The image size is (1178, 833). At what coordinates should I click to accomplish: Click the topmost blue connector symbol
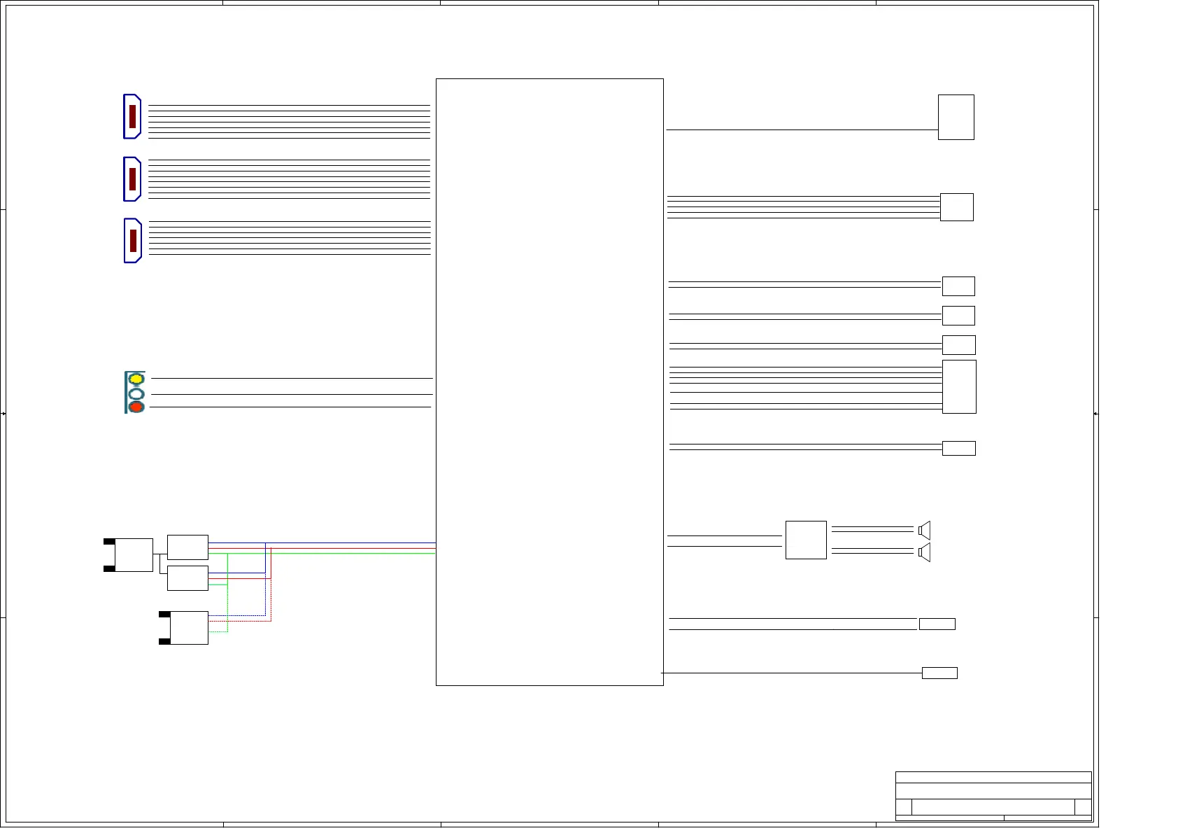click(x=132, y=116)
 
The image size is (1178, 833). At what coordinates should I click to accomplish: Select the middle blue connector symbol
click(x=132, y=179)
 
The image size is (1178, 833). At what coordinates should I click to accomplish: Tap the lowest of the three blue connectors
click(x=133, y=241)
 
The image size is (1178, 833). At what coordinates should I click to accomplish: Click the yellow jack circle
click(x=136, y=379)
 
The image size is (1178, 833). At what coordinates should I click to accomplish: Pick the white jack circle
click(x=136, y=393)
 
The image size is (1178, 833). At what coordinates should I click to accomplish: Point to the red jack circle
click(x=136, y=407)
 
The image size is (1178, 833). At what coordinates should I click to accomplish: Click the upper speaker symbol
click(x=925, y=530)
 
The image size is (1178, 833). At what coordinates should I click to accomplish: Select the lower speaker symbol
click(x=925, y=553)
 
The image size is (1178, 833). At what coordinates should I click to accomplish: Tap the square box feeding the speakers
click(x=806, y=540)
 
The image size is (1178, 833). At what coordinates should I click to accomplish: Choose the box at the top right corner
click(x=956, y=117)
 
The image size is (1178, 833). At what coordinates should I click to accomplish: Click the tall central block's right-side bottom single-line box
click(x=939, y=673)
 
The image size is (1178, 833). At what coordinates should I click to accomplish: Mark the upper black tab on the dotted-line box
click(x=164, y=615)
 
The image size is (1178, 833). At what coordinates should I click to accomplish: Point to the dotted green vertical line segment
click(x=227, y=609)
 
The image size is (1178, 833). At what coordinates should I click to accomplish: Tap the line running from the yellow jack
click(x=291, y=378)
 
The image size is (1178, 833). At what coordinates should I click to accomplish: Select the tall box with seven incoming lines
click(x=959, y=386)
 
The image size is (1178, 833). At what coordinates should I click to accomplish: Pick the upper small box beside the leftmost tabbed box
click(x=187, y=547)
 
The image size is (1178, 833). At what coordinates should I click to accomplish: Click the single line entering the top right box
click(x=801, y=129)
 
